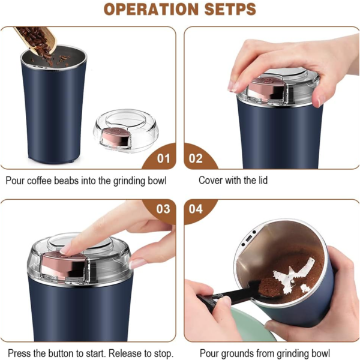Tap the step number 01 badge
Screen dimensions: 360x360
coord(163,158)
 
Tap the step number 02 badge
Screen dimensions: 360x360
coord(196,158)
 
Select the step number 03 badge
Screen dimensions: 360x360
coord(163,209)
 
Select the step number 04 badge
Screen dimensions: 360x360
coord(196,209)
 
